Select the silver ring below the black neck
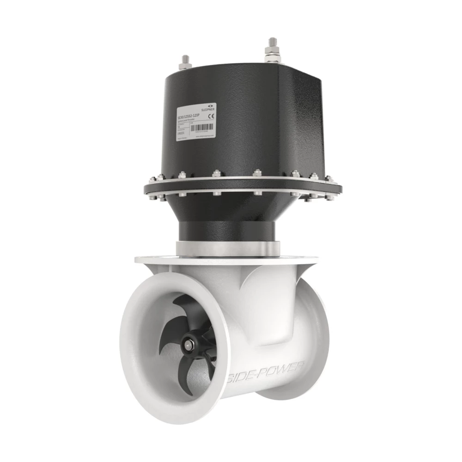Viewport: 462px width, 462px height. tap(229, 248)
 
